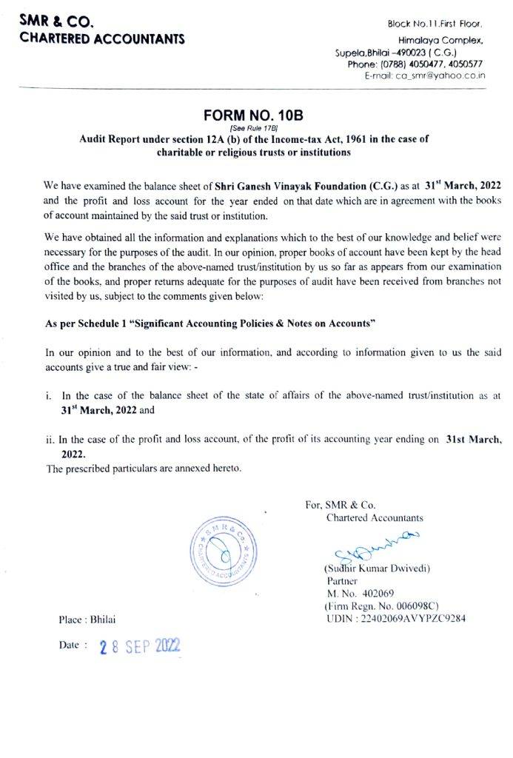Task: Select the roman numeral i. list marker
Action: click(48, 397)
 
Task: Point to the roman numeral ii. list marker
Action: click(50, 438)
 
